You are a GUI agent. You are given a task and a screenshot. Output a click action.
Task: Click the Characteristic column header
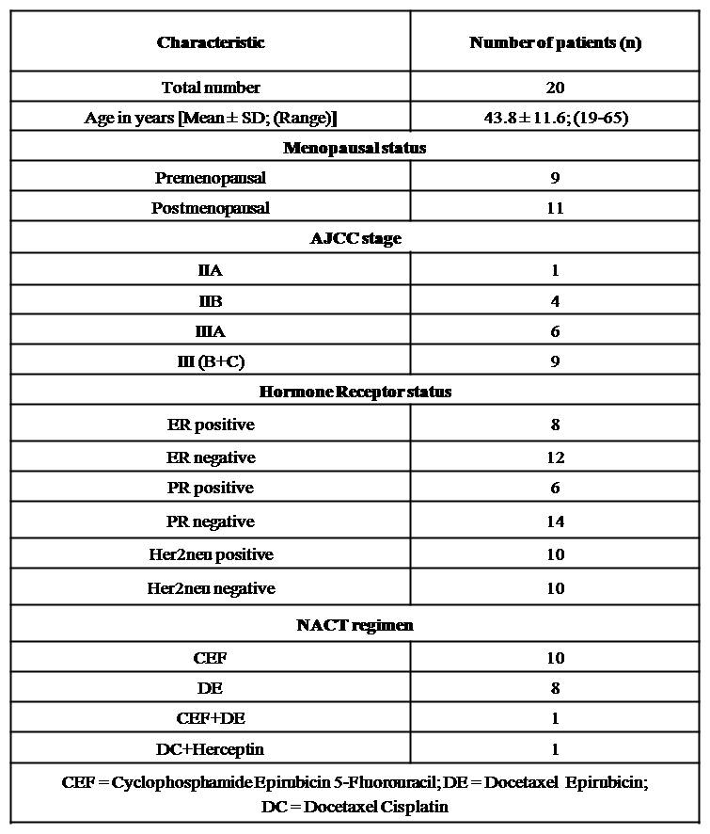coord(211,42)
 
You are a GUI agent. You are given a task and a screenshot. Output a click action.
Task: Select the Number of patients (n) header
coord(555,42)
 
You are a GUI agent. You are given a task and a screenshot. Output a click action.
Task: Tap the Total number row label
coord(211,88)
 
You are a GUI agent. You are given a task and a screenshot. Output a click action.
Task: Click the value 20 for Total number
coord(555,88)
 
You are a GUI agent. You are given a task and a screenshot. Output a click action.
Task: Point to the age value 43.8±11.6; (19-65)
coord(555,118)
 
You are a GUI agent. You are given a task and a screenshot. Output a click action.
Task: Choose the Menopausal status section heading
coord(355,148)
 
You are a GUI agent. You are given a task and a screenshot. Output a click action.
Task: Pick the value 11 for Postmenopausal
coord(555,208)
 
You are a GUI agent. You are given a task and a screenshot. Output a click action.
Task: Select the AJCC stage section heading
coord(355,238)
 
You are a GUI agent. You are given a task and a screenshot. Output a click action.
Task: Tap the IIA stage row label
coord(211,270)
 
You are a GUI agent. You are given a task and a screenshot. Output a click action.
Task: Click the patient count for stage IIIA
coord(555,331)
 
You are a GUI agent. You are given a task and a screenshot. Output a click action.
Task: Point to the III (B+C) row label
coord(211,361)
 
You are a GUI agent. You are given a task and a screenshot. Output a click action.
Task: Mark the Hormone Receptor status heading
coord(355,392)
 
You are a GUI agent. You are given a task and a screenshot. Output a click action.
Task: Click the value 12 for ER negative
coord(555,457)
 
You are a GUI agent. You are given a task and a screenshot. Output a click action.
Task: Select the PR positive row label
coord(211,488)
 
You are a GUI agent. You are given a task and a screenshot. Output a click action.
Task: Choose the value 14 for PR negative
coord(555,521)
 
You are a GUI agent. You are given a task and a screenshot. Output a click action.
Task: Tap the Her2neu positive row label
coord(211,554)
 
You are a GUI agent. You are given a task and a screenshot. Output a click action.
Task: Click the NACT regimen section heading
coord(355,624)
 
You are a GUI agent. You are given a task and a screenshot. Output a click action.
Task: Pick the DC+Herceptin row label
coord(211,749)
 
